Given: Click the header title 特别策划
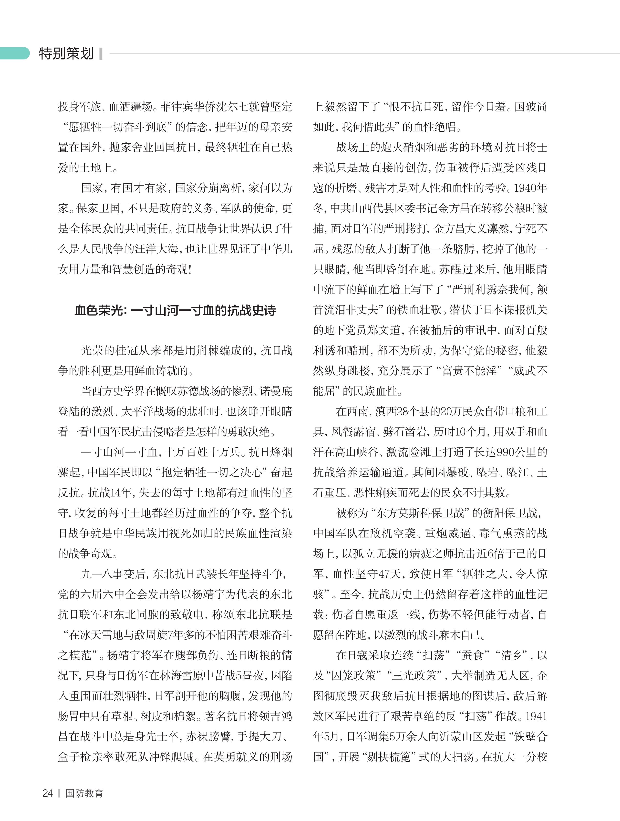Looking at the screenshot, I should click(66, 54).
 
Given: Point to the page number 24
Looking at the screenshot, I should click(48, 793).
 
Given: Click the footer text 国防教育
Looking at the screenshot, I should click(84, 793).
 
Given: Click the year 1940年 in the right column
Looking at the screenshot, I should click(530, 188).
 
